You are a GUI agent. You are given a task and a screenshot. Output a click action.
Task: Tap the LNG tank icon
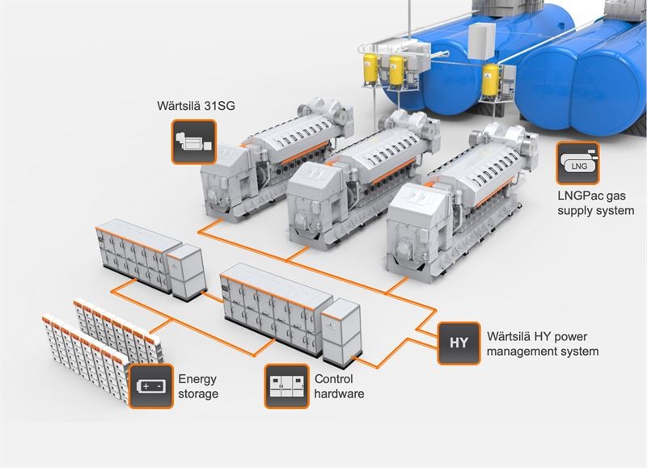tap(577, 164)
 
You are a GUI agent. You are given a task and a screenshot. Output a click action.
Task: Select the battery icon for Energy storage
tap(150, 386)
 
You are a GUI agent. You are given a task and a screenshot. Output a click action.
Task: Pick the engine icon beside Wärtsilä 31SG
tap(193, 142)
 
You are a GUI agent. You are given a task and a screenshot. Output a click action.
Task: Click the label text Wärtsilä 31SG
tap(197, 107)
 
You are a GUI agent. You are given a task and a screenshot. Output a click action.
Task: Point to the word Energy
tap(197, 378)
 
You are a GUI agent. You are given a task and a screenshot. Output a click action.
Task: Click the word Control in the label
tap(334, 378)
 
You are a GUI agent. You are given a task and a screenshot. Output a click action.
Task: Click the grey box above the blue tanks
tap(483, 36)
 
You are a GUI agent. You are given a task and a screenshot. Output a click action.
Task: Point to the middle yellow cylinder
tap(396, 71)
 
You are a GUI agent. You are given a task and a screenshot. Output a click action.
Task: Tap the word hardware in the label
tap(340, 394)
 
